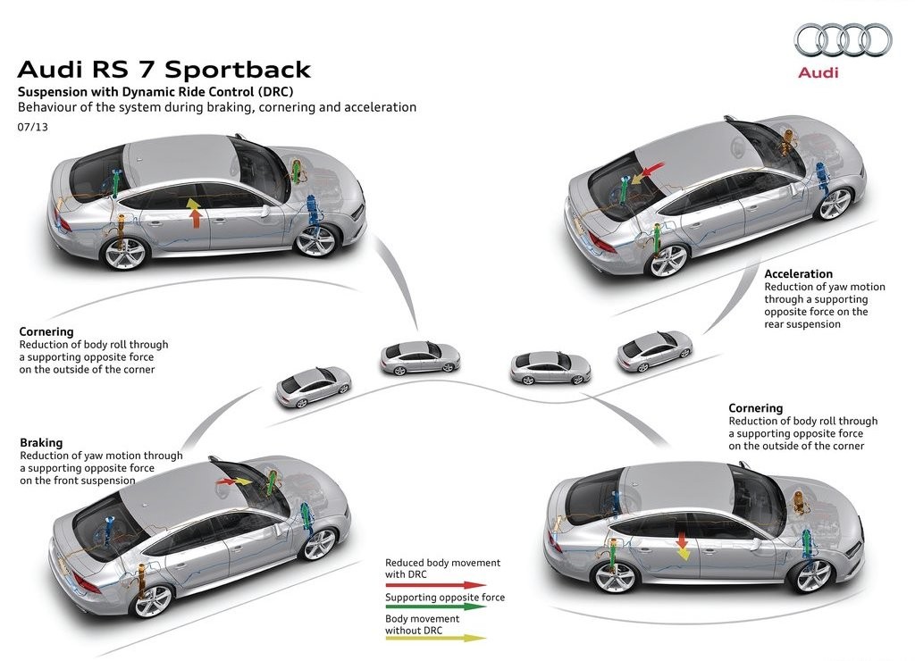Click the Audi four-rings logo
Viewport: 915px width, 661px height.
coord(844,39)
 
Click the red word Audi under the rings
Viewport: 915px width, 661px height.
coord(818,72)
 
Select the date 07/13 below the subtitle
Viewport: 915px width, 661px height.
coord(33,127)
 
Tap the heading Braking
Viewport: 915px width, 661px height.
coord(41,442)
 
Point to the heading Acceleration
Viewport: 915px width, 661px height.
coord(798,273)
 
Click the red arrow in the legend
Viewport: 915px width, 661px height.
coord(435,584)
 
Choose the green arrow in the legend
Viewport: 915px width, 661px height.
coord(435,607)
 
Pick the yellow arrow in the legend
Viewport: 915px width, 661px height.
coord(435,639)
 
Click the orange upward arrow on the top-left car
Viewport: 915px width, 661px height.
coord(195,213)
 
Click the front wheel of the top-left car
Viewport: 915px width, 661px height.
coord(315,240)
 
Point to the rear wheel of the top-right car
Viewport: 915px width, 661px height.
coord(668,261)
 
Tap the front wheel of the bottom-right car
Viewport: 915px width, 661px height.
coord(813,575)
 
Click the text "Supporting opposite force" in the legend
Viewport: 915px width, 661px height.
coord(445,598)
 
